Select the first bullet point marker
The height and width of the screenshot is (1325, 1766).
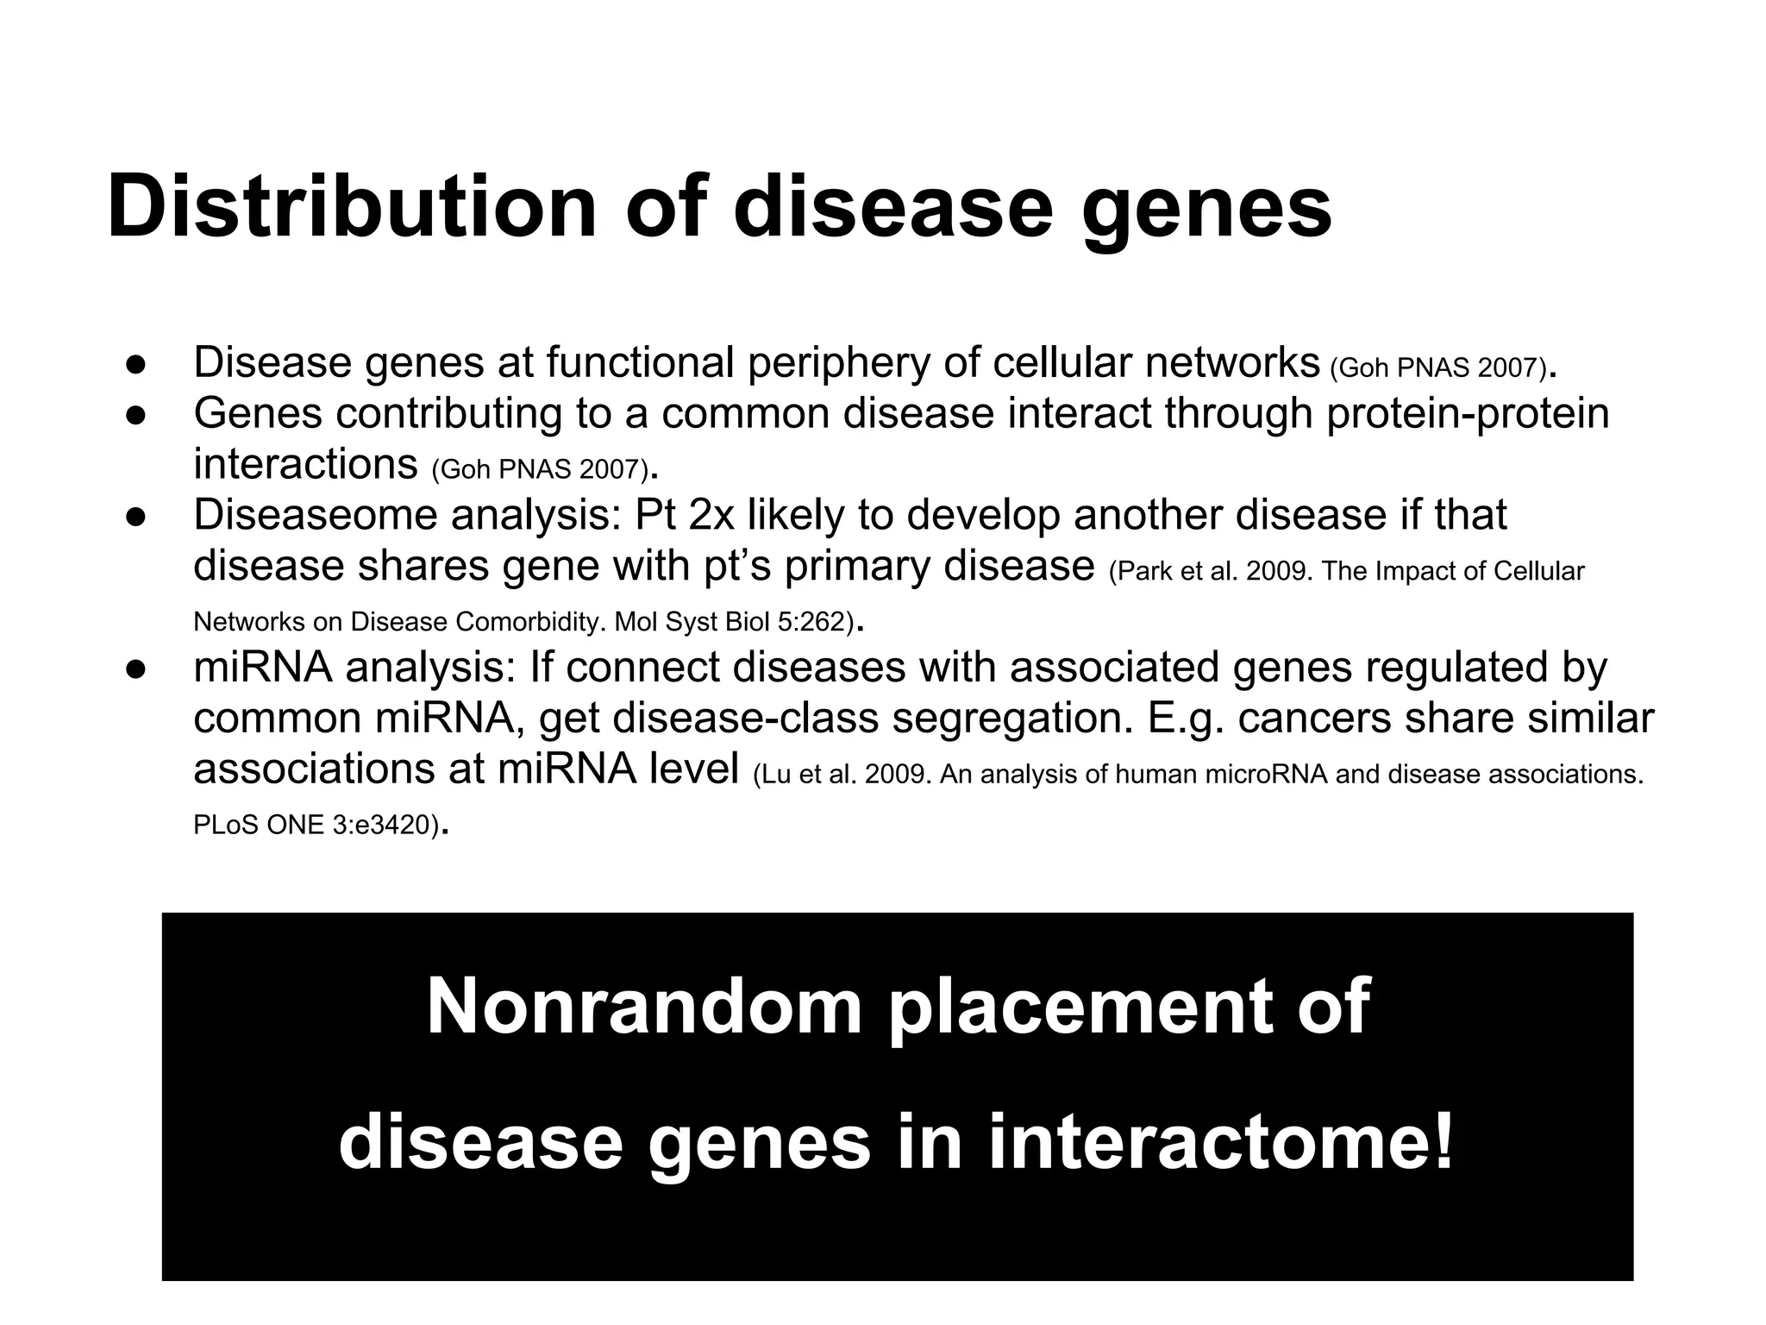coord(135,364)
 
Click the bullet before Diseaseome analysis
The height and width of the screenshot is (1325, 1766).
coord(135,517)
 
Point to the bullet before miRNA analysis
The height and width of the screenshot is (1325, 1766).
coord(135,669)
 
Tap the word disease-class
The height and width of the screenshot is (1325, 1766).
coord(744,719)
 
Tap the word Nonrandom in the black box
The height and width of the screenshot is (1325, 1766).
coord(643,1007)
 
